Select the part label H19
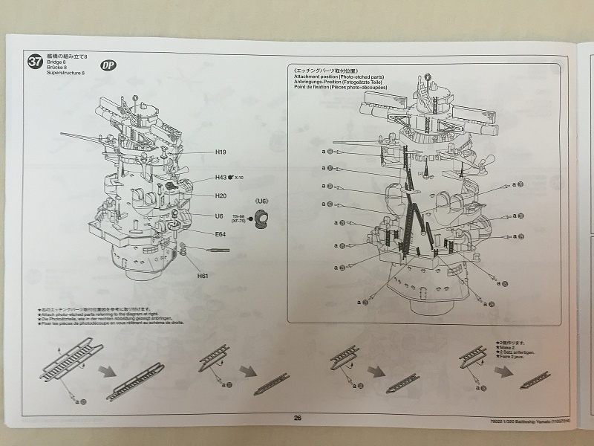click(221, 152)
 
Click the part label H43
click(221, 178)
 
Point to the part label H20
click(221, 196)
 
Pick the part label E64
click(220, 234)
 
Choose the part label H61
click(203, 276)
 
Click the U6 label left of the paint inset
click(219, 216)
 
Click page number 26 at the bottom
click(297, 418)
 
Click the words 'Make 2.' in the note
click(506, 348)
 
